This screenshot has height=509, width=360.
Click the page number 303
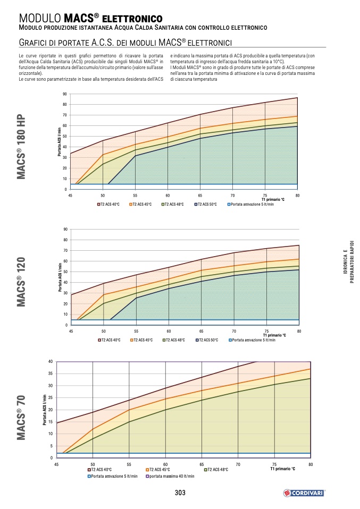[x=180, y=493]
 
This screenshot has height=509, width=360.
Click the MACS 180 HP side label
[x=21, y=147]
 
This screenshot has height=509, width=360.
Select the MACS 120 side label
[x=21, y=284]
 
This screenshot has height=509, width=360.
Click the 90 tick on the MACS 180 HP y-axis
[x=65, y=94]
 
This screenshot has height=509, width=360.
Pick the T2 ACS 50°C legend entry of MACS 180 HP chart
[x=206, y=204]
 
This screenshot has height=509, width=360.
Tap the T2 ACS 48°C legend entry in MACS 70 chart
[x=216, y=470]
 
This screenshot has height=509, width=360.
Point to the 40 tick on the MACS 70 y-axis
[x=50, y=361]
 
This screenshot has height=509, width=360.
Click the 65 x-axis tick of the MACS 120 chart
[x=201, y=331]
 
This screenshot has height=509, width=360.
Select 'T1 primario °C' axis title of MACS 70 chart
[x=282, y=470]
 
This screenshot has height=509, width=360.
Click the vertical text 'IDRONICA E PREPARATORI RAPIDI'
[x=348, y=266]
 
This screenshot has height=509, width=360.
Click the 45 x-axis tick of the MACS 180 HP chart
[x=70, y=196]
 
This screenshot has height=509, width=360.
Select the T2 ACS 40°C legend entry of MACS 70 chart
[x=100, y=470]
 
